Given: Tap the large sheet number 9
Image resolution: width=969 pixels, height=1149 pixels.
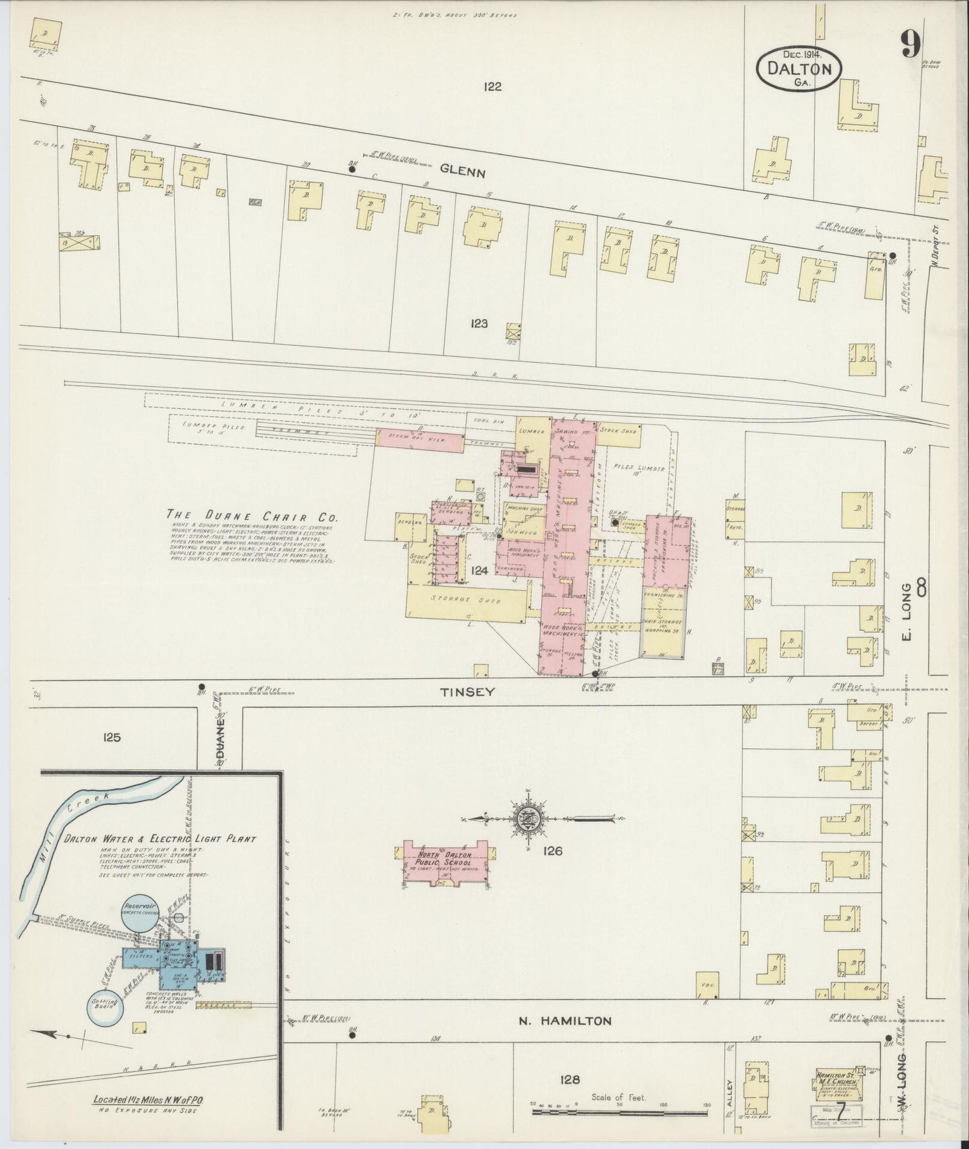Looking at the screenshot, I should (910, 45).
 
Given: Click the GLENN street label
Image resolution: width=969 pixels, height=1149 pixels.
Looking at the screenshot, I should (462, 172).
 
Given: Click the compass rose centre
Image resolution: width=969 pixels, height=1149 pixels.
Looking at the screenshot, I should (524, 818).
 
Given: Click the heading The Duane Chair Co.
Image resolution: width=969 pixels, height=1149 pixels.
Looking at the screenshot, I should (252, 517).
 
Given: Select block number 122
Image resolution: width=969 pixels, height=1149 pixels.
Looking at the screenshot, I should (492, 86).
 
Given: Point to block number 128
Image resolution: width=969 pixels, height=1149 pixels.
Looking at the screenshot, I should (569, 1079).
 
